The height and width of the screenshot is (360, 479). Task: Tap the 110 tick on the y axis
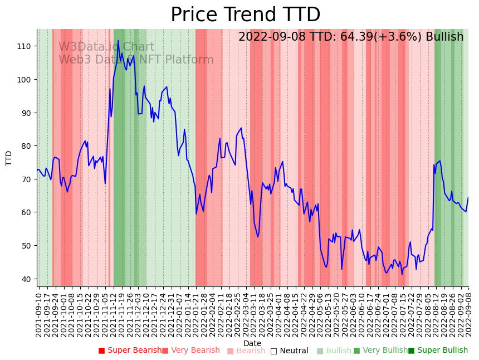click(x=27, y=46)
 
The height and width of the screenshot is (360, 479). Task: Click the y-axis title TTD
click(x=9, y=158)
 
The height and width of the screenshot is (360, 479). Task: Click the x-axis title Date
click(x=252, y=343)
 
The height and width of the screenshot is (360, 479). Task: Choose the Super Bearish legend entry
click(x=130, y=351)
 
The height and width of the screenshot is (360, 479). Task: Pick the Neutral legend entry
click(x=289, y=351)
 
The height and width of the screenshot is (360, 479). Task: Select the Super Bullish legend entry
click(x=438, y=351)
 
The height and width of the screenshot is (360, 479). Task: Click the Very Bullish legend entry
click(x=380, y=351)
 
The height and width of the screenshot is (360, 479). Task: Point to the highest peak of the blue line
click(x=118, y=41)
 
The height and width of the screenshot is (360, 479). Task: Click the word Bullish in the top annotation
click(x=444, y=37)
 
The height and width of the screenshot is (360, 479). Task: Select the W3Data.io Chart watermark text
click(x=106, y=47)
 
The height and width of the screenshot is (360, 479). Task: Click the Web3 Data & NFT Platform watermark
click(x=136, y=60)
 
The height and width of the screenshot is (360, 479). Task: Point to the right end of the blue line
click(x=468, y=198)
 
